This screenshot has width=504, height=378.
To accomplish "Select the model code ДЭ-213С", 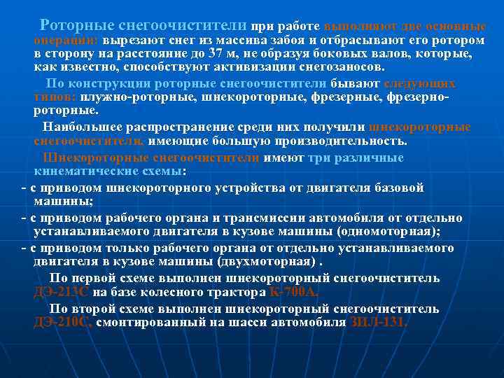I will (62, 293).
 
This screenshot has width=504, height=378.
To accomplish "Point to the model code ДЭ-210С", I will (62, 323).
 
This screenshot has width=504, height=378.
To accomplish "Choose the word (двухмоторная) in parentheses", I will (269, 262).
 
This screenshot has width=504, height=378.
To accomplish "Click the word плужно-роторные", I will (140, 97).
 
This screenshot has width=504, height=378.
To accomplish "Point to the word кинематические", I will (77, 171).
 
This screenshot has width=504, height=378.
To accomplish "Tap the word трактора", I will (227, 293).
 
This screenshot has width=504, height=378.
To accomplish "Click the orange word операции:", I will (66, 39).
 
